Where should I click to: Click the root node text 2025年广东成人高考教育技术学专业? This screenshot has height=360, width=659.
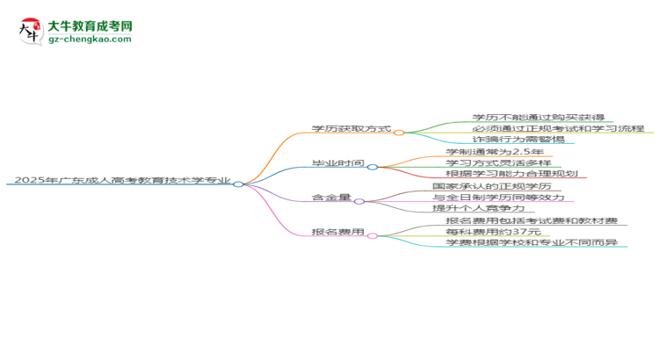tap(122, 180)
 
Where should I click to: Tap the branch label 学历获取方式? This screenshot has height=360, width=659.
tap(351, 128)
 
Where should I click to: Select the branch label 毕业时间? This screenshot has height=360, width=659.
tap(337, 163)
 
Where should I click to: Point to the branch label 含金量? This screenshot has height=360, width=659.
tap(330, 197)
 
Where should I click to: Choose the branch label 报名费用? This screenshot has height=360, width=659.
tap(337, 232)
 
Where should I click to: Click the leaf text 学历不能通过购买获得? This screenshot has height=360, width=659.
tap(538, 118)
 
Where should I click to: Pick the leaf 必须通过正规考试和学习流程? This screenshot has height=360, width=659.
tap(558, 128)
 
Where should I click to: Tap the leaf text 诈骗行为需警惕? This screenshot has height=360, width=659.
tap(518, 139)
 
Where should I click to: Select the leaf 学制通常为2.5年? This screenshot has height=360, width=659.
tap(494, 152)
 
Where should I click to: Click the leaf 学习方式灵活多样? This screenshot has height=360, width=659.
tap(498, 162)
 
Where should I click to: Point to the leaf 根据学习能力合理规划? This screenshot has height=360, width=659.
tap(511, 174)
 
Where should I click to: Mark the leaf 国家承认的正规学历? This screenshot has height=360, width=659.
tap(491, 186)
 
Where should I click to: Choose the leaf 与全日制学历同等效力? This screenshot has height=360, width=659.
tap(498, 197)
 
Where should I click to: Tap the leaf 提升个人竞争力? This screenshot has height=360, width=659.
tap(478, 208)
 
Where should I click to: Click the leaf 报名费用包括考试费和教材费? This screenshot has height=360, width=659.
tap(532, 220)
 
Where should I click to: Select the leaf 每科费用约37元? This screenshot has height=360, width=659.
tap(493, 232)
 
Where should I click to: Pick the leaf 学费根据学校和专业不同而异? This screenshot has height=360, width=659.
tap(532, 242)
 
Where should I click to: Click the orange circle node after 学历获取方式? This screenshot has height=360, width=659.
tap(399, 133)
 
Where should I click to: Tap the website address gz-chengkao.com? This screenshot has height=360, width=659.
tap(90, 39)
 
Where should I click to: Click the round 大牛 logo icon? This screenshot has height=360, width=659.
tap(31, 31)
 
